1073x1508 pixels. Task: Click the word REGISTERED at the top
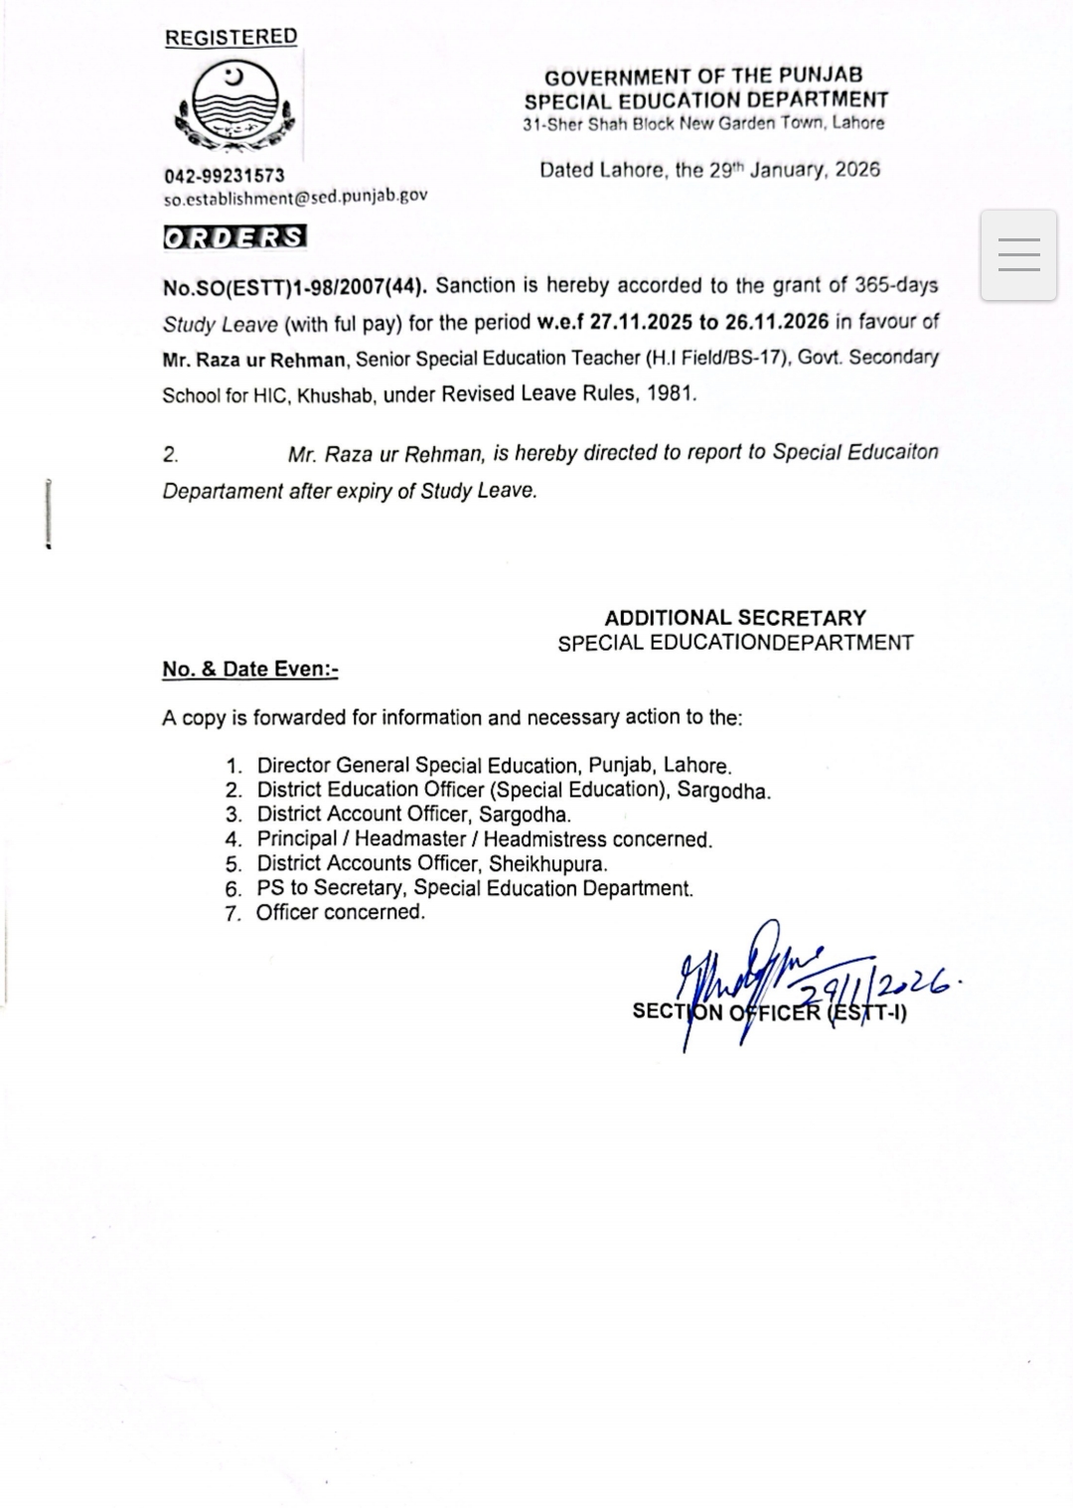(x=230, y=37)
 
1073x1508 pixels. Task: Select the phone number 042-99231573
(x=224, y=176)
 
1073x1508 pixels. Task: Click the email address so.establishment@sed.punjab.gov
(x=295, y=196)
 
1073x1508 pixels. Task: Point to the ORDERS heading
(x=234, y=237)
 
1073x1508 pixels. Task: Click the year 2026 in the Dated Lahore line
(x=857, y=169)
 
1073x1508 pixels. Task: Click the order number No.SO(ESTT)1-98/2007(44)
(x=295, y=286)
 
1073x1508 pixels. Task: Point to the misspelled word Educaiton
(x=893, y=452)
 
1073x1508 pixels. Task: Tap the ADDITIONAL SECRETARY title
(x=735, y=617)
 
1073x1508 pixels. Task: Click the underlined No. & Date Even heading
(x=250, y=669)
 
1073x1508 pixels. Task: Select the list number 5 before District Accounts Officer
(x=233, y=864)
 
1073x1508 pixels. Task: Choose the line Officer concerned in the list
(x=340, y=912)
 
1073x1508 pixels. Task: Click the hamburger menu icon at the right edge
(x=1018, y=255)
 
